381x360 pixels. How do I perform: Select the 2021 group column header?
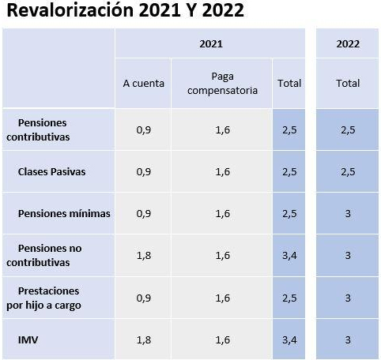point(210,43)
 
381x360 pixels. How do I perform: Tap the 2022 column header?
point(348,43)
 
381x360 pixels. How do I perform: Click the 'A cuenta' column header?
point(143,83)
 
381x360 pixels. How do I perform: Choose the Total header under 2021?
point(289,83)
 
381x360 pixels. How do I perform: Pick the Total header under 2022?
point(348,83)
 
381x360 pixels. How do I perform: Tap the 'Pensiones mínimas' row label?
point(64,213)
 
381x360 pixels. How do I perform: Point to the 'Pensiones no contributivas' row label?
point(44,254)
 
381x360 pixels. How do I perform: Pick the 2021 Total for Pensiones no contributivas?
point(289,255)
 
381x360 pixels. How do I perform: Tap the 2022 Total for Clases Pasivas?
point(348,172)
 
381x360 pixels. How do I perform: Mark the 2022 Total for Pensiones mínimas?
point(348,213)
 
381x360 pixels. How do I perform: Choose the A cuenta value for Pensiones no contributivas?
point(143,255)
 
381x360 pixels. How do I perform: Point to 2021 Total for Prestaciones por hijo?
point(289,297)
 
